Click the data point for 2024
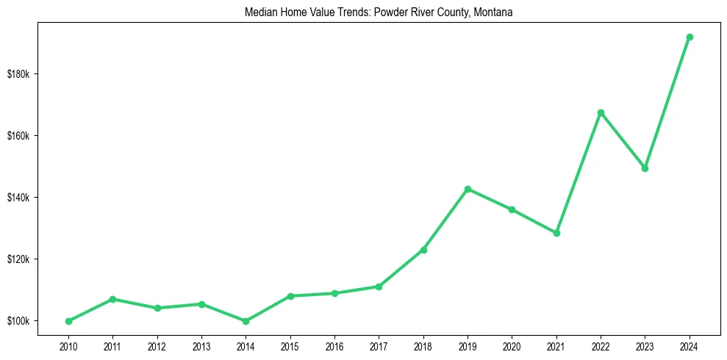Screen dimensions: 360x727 690,37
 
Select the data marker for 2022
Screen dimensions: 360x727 601,112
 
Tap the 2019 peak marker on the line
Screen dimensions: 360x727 468,189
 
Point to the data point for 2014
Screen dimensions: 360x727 246,321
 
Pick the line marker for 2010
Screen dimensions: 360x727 68,321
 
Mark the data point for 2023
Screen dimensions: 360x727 645,168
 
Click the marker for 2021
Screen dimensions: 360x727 556,233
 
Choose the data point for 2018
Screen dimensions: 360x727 423,250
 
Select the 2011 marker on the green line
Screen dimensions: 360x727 112,299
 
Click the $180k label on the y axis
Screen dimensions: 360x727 18,74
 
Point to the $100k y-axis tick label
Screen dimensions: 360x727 18,321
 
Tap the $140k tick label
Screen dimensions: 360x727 18,198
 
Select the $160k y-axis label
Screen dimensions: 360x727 18,136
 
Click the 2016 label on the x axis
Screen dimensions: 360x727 334,345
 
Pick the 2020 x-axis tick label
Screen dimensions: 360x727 512,345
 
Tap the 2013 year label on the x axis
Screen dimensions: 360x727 201,345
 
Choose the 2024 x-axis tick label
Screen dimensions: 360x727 690,345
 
